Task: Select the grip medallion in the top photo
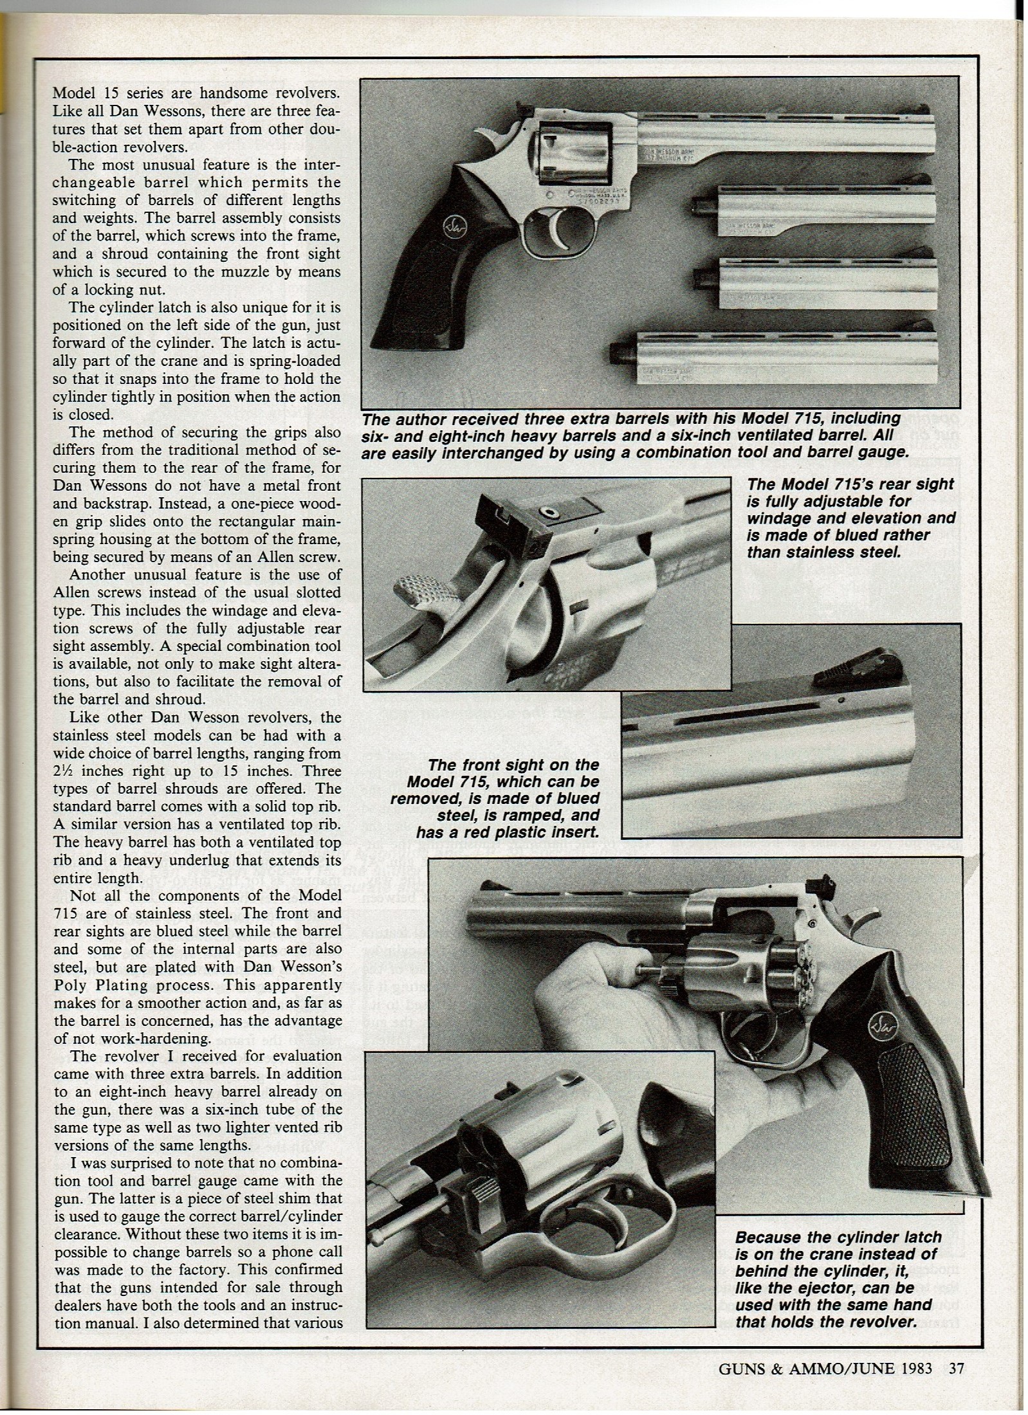pyautogui.click(x=449, y=226)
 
